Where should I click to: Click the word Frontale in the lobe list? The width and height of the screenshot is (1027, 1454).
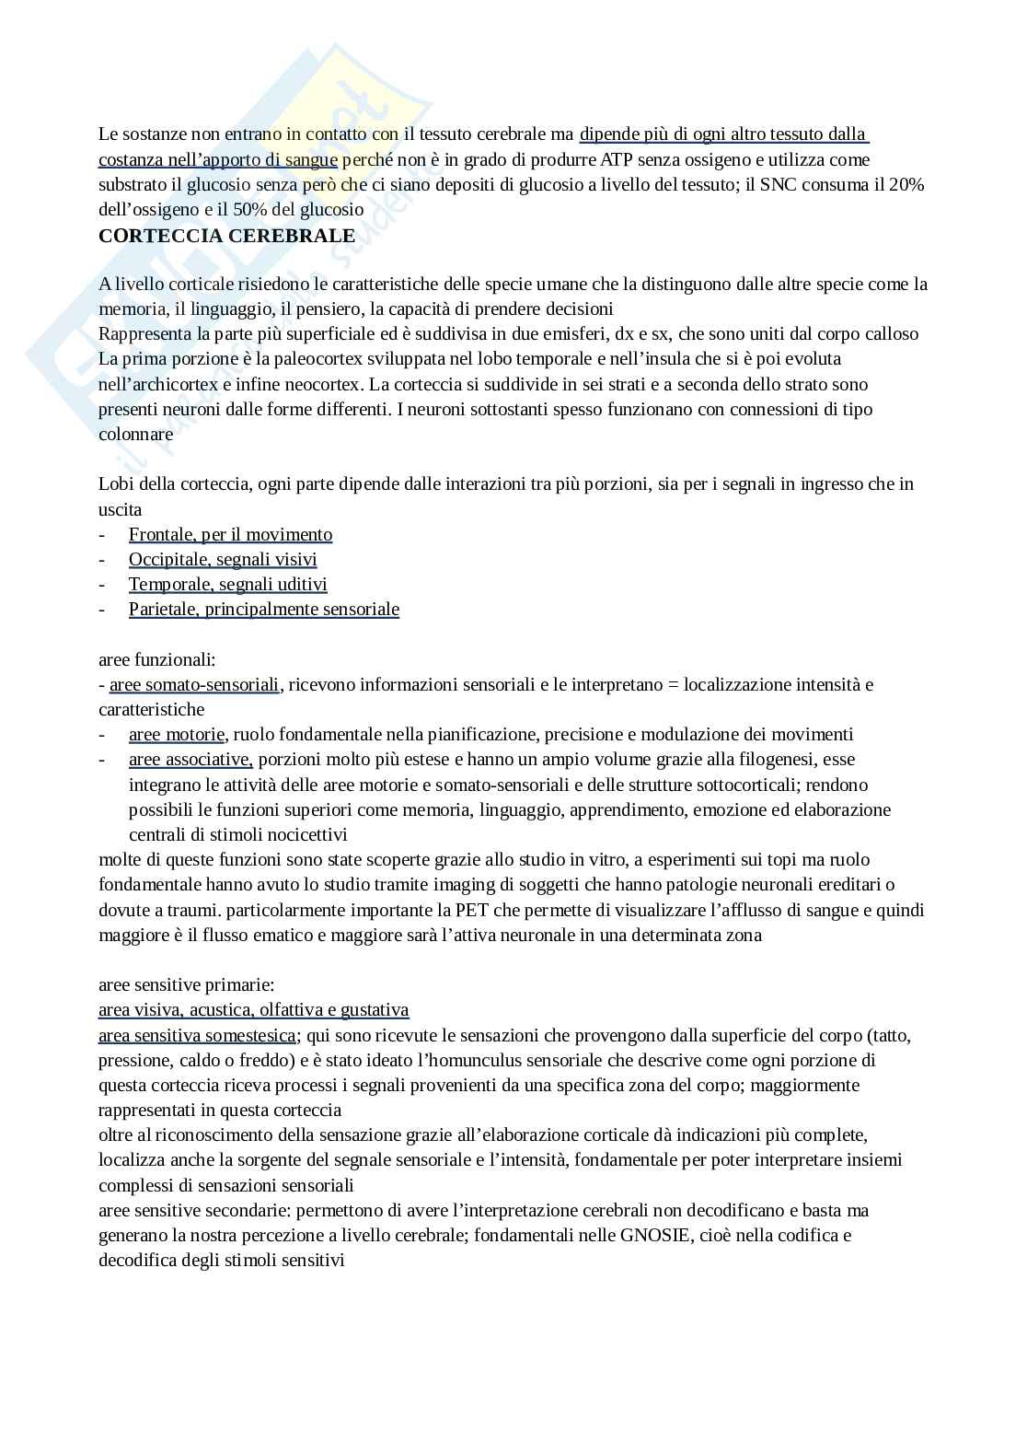coord(162,535)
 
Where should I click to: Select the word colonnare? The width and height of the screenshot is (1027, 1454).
coord(136,434)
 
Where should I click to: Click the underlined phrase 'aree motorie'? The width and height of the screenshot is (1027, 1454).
coord(177,735)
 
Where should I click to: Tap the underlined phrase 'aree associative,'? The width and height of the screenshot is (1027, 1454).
coord(190,760)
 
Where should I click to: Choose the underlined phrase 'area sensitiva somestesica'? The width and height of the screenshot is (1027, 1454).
coord(197,1036)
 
